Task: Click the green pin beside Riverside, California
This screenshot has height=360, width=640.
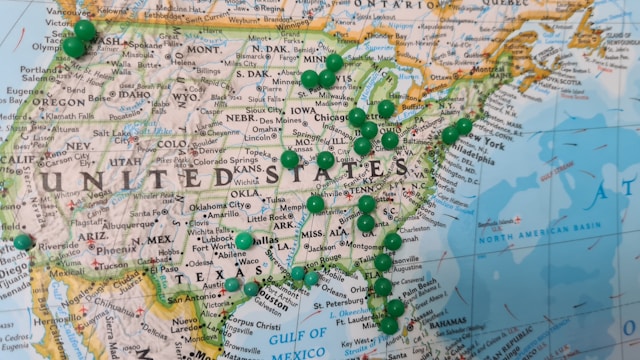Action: pyautogui.click(x=23, y=242)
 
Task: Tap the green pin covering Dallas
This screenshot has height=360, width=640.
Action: pyautogui.click(x=244, y=241)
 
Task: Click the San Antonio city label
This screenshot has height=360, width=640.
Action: pyautogui.click(x=189, y=297)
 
